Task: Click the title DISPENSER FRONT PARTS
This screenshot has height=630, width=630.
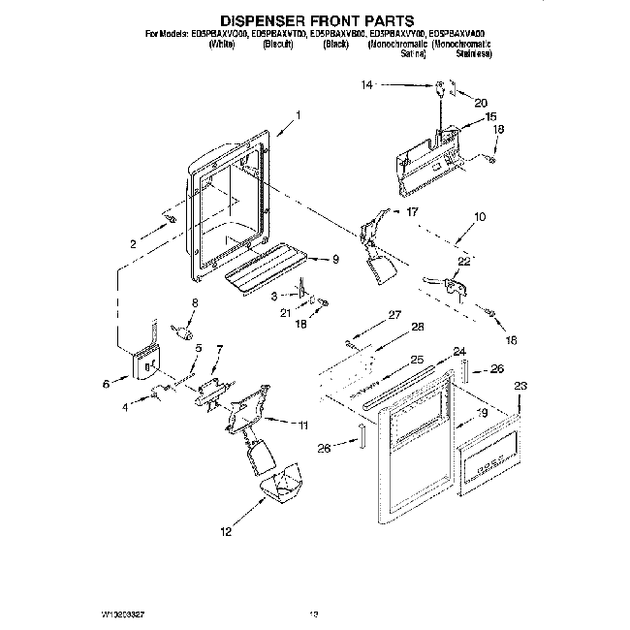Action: coord(318,18)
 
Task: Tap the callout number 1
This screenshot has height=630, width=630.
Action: coord(299,115)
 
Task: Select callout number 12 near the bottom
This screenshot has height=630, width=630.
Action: coord(226,531)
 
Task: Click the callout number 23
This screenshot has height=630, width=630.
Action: coord(520,385)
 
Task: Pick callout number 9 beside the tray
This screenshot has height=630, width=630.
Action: coord(335,259)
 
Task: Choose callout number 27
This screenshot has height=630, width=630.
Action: coord(394,314)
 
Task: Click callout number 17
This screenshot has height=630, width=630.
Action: coord(411,211)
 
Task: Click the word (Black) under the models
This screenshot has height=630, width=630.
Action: coord(335,45)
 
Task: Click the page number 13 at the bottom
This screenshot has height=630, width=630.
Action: coord(313,614)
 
